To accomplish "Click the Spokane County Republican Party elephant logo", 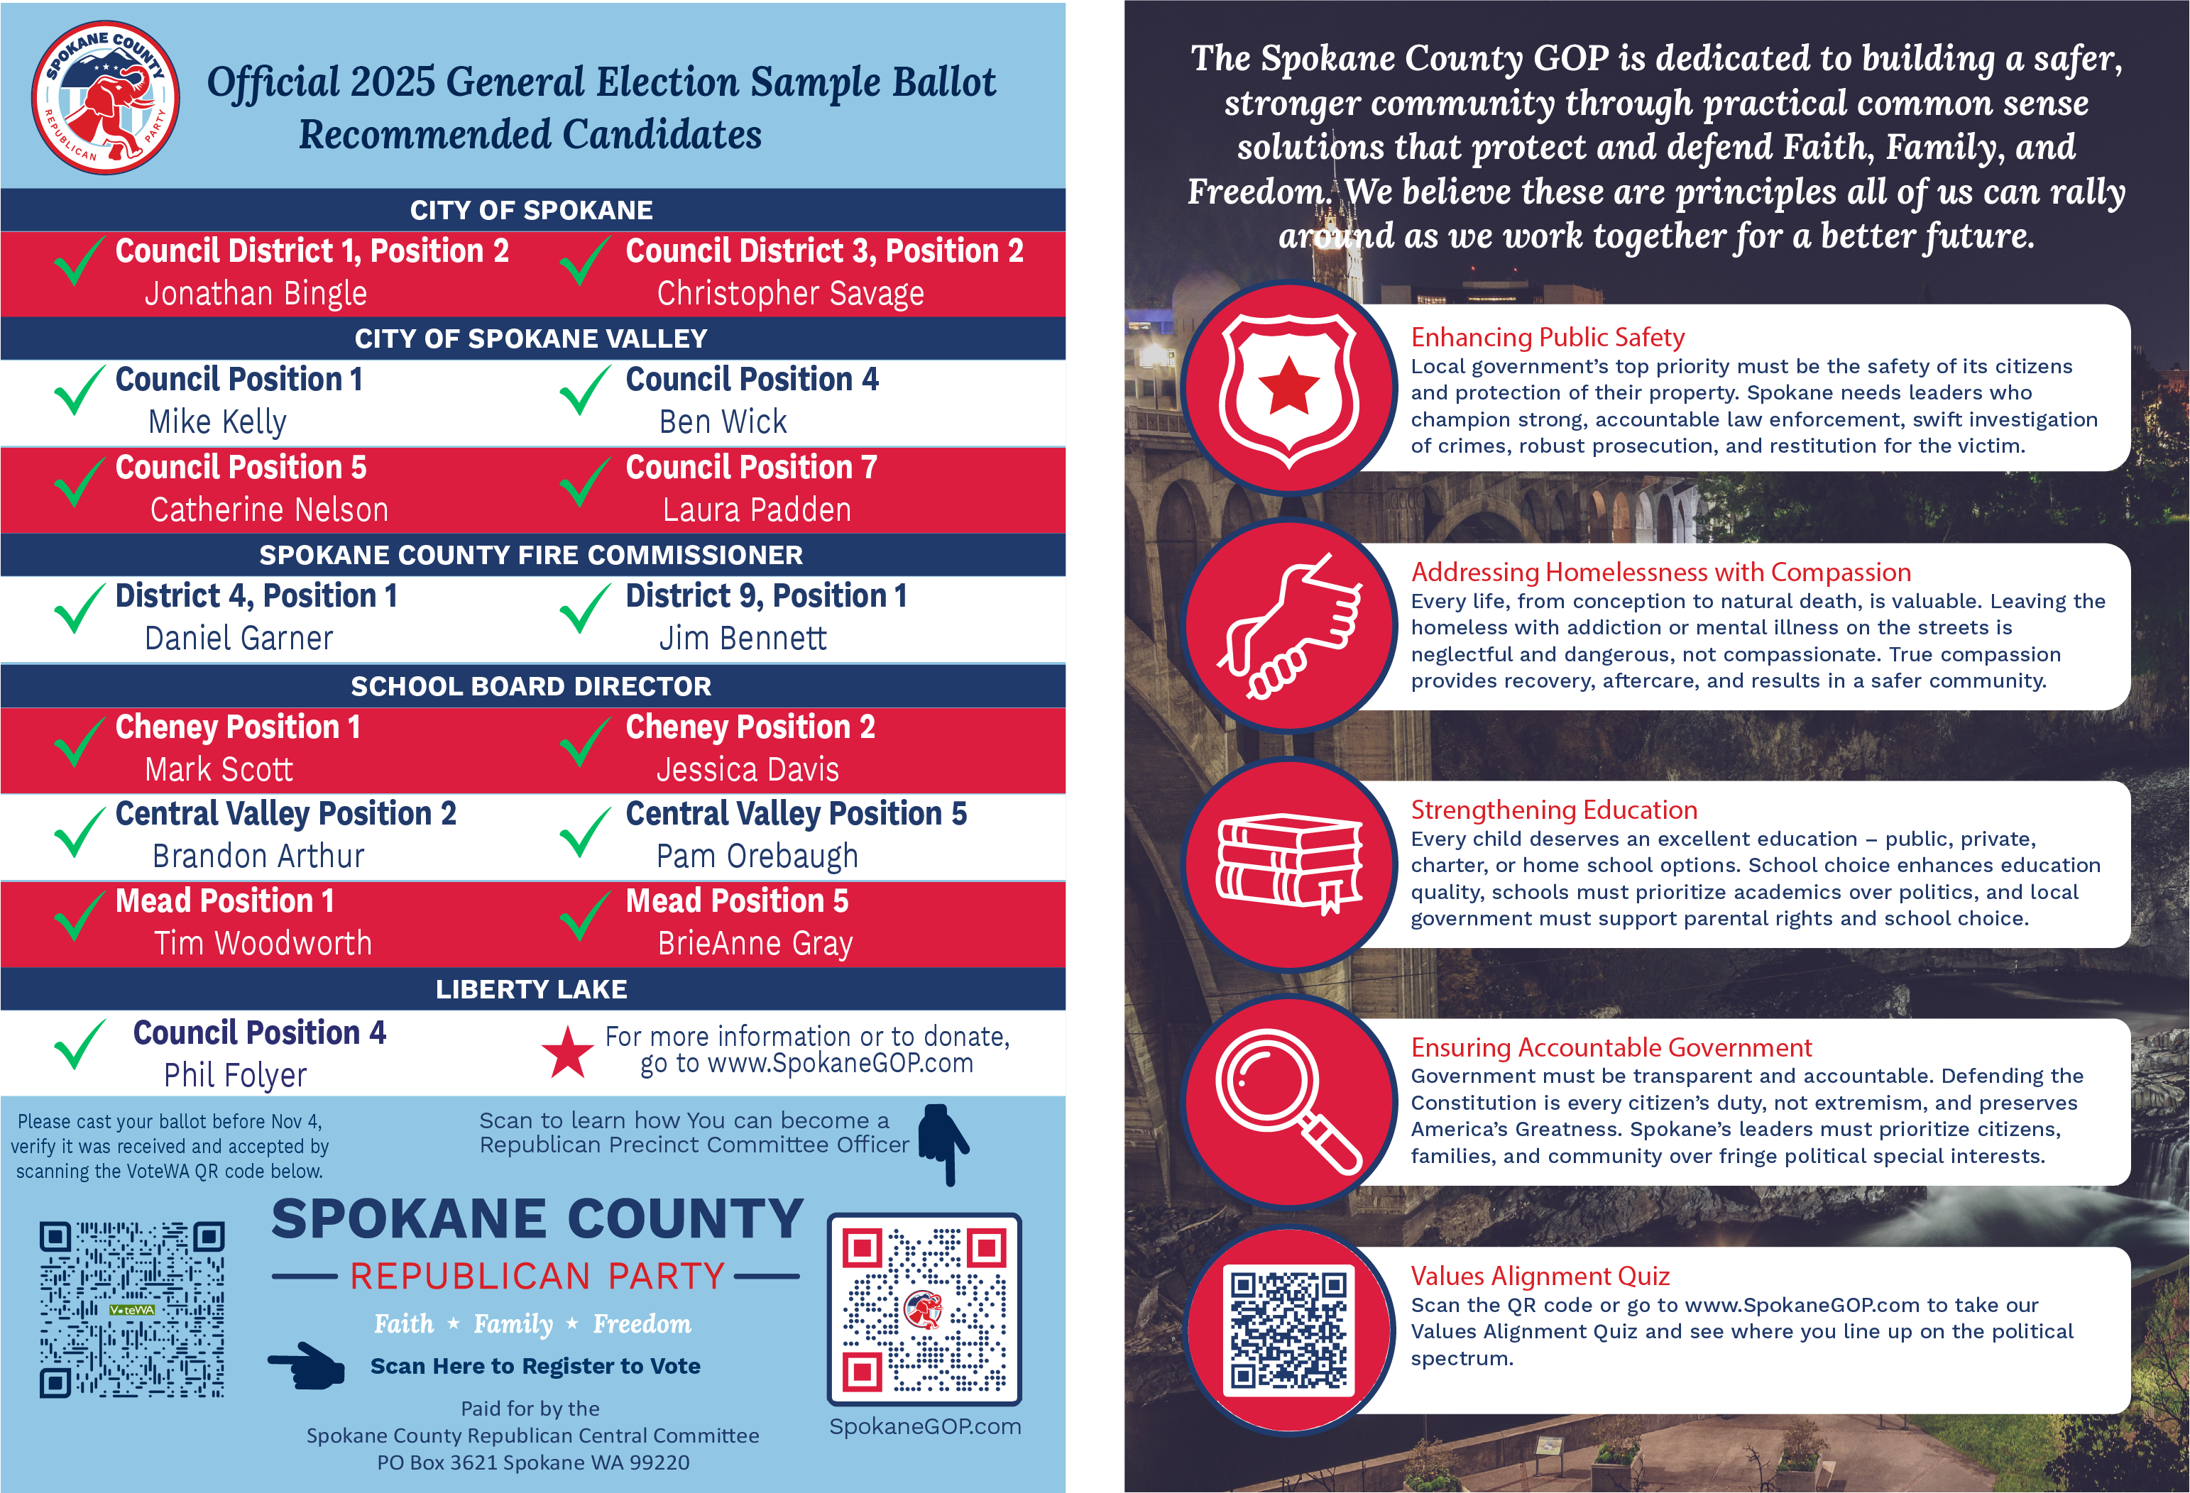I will (106, 98).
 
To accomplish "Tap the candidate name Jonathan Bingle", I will (256, 294).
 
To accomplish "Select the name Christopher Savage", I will (789, 294).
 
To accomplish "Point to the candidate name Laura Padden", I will (757, 510).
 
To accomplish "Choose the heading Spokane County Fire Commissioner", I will (532, 556).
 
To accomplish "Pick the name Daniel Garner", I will (239, 639).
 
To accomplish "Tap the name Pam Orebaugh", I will (757, 856).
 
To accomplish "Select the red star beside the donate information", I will (567, 1052).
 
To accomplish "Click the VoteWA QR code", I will (132, 1309).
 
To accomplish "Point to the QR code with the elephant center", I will (924, 1309).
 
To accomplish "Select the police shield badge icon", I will (1288, 388).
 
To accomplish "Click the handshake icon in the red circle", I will (1288, 624).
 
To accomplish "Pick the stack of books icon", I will (1288, 863).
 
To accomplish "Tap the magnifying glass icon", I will (1288, 1100).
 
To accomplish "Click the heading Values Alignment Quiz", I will (1540, 1277).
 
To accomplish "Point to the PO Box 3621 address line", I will (532, 1463).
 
